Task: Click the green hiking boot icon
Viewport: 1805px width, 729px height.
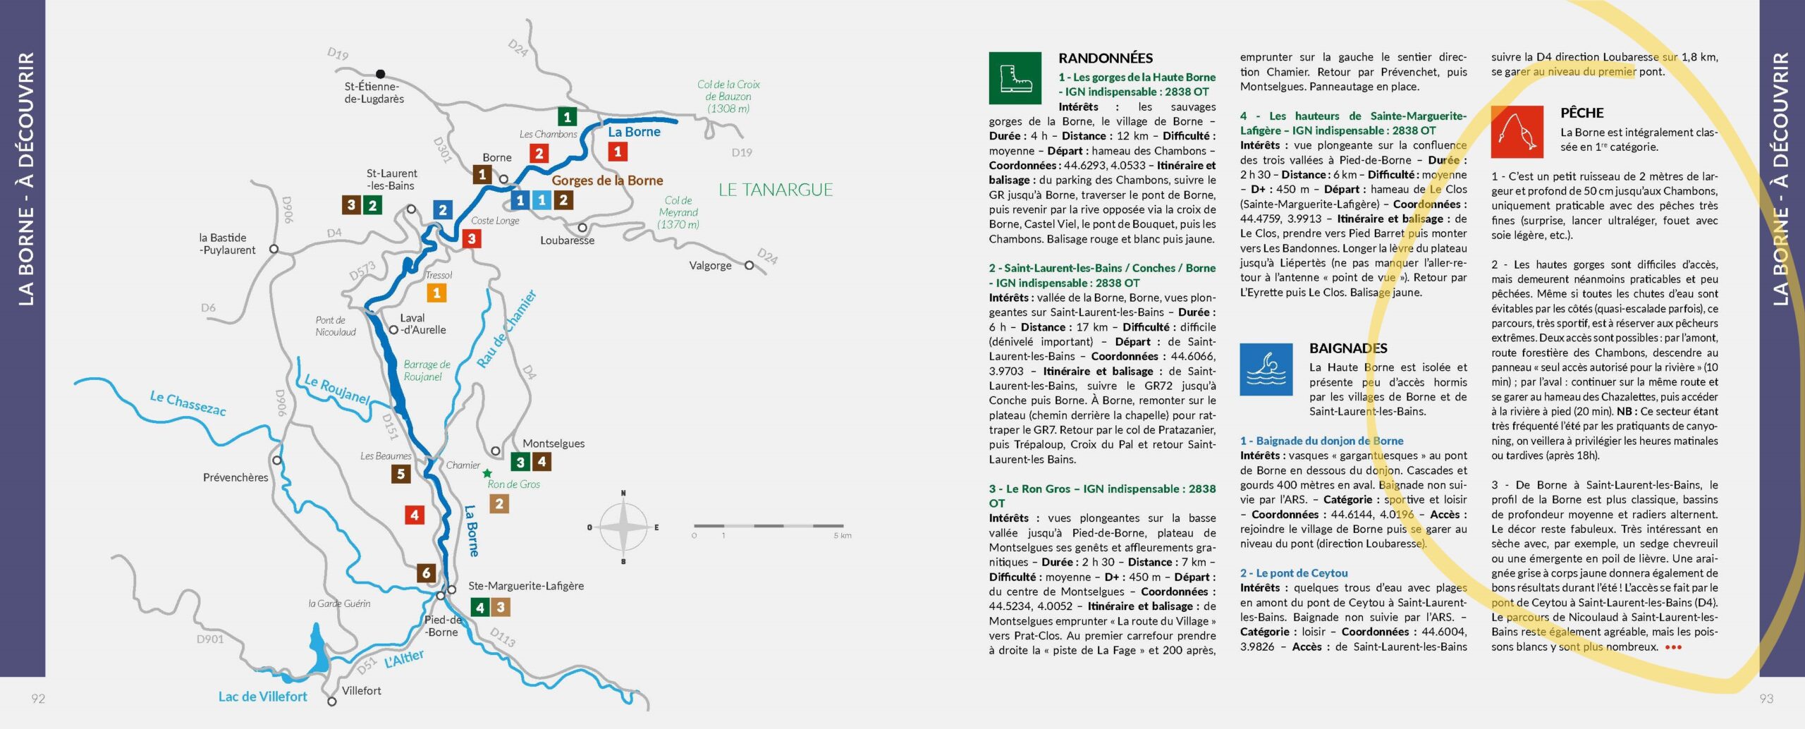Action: [x=1015, y=78]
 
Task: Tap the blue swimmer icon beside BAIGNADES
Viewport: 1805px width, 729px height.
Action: [x=1266, y=369]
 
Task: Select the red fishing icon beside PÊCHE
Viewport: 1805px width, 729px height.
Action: [x=1517, y=132]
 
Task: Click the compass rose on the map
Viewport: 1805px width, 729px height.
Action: [x=623, y=527]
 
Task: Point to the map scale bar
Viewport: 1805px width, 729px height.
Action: [x=769, y=526]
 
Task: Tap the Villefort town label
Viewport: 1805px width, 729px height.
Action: [x=361, y=691]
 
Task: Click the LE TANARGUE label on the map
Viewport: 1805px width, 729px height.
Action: [x=776, y=190]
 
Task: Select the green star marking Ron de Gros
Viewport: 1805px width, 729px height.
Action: [x=487, y=473]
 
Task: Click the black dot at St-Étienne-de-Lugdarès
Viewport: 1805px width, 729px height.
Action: [x=381, y=74]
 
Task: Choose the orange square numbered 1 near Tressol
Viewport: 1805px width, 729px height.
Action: [x=436, y=293]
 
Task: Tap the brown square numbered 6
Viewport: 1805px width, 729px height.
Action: [x=426, y=572]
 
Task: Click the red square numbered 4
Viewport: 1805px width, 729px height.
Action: [x=415, y=515]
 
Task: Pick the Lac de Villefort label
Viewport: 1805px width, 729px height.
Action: [x=262, y=697]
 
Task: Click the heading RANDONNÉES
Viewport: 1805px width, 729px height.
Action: [x=1106, y=59]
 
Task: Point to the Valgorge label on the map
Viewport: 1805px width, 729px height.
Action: [x=710, y=266]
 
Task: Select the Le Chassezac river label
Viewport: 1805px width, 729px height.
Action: [x=188, y=403]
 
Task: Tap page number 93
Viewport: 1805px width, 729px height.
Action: [x=1766, y=699]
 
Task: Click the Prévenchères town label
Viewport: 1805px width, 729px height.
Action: [x=235, y=477]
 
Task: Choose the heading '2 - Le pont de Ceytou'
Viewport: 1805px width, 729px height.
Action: [x=1294, y=573]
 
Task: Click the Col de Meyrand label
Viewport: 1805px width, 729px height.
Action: [x=678, y=212]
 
